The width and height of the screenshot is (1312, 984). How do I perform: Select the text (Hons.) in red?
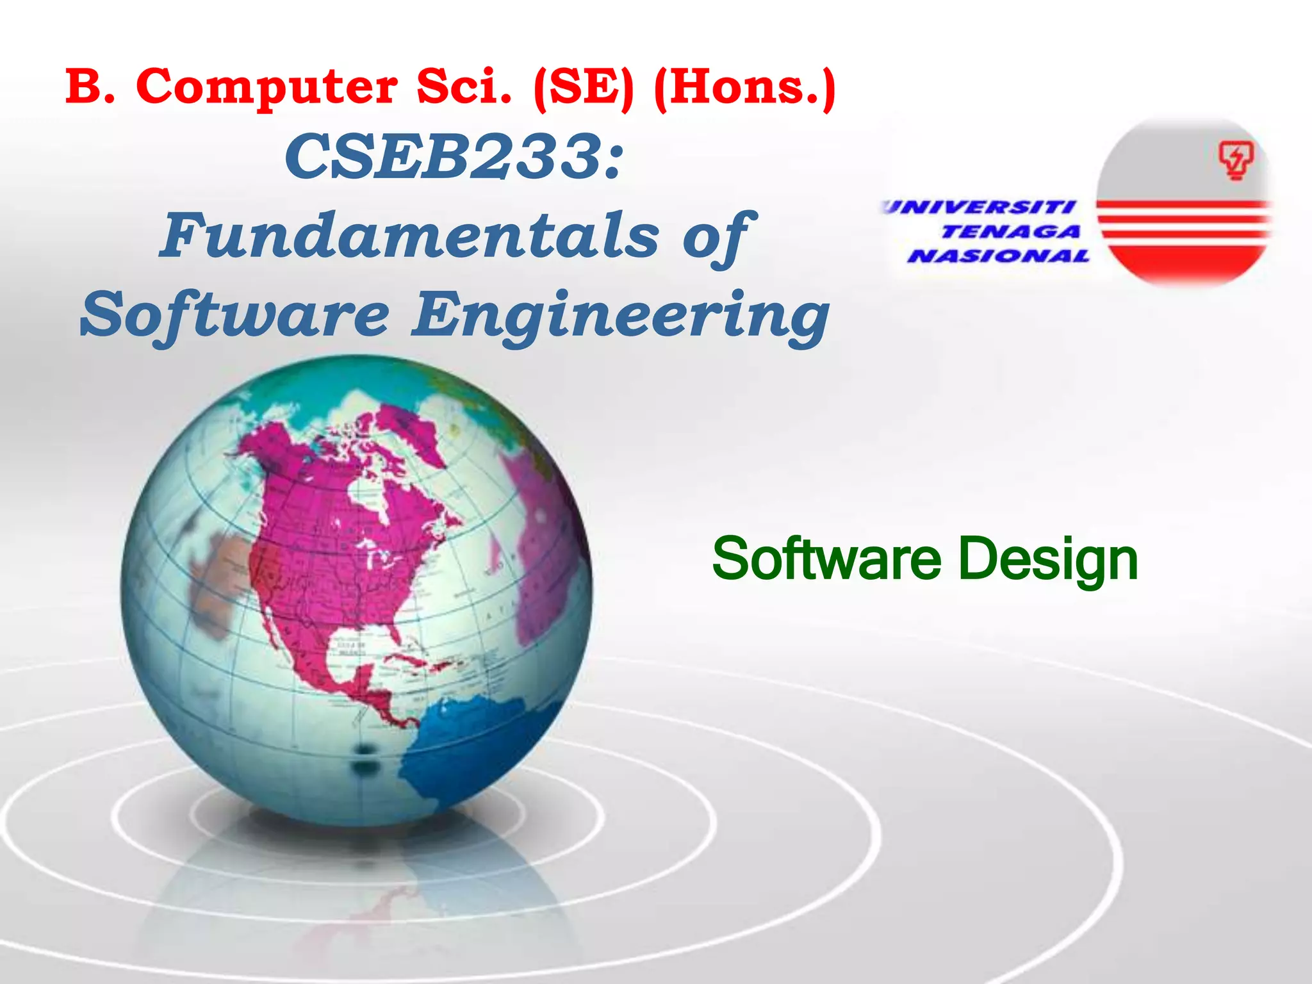744,88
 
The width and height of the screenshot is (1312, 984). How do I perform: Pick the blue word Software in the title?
235,315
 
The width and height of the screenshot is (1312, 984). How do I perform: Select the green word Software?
826,559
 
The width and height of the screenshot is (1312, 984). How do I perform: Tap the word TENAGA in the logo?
1010,231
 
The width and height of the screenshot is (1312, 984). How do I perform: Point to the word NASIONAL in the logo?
998,256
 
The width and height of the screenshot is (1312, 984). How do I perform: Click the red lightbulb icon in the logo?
1235,161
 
